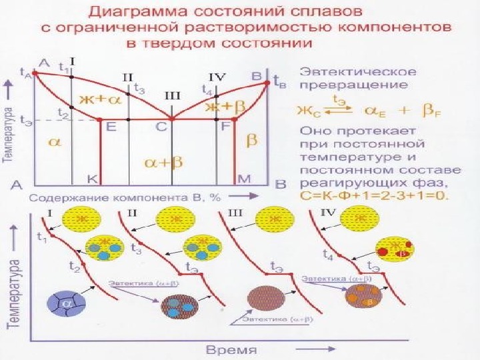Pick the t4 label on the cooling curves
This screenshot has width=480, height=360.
327,255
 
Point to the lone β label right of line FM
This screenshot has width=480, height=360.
253,140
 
